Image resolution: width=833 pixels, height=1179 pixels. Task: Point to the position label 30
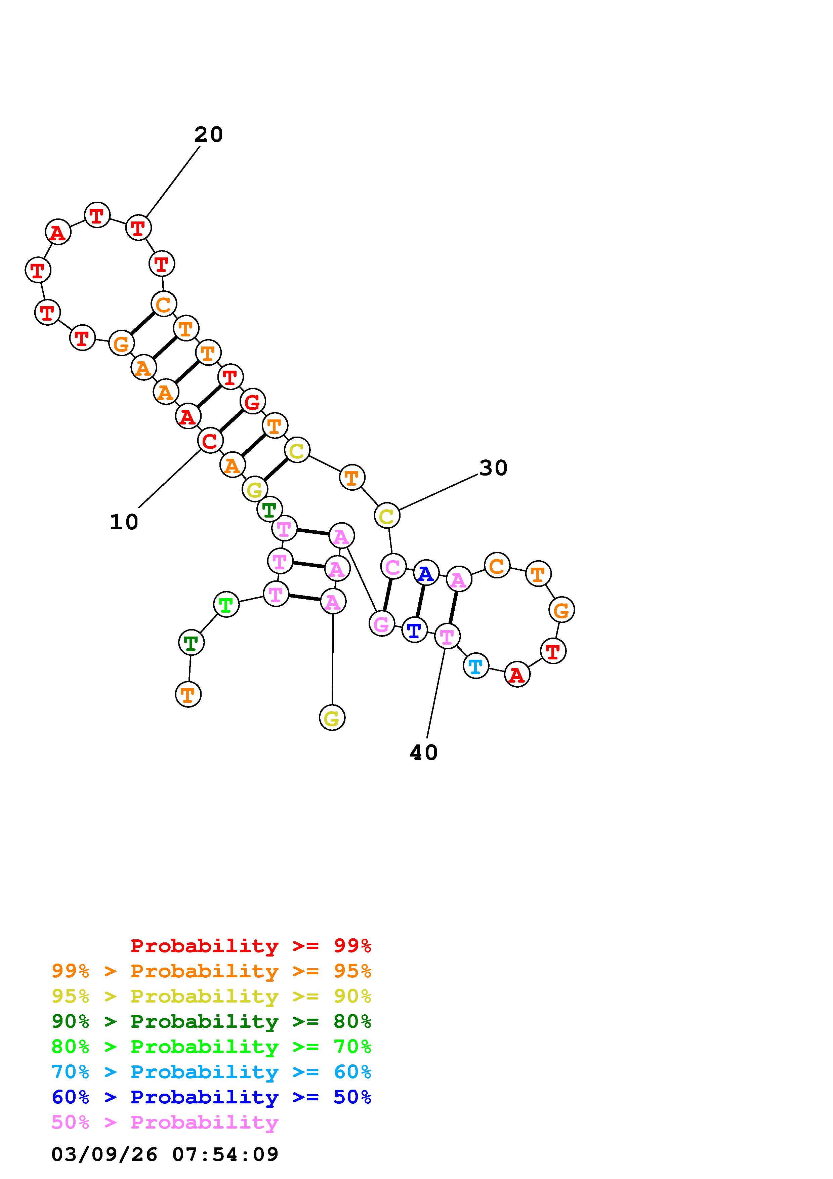pos(493,468)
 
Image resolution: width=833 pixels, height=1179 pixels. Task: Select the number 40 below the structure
pos(423,753)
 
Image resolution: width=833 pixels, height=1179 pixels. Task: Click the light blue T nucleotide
pos(476,666)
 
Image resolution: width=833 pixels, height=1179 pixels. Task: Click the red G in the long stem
pos(252,402)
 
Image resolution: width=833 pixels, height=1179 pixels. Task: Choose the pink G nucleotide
pos(381,624)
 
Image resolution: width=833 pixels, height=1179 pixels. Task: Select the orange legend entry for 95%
pos(211,971)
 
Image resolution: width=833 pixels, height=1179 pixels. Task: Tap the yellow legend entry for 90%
pos(211,996)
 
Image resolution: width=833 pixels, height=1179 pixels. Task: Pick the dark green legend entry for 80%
pos(211,1021)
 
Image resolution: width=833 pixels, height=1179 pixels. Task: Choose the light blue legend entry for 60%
pos(211,1072)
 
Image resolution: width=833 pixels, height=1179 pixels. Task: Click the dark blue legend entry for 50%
pos(211,1097)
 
